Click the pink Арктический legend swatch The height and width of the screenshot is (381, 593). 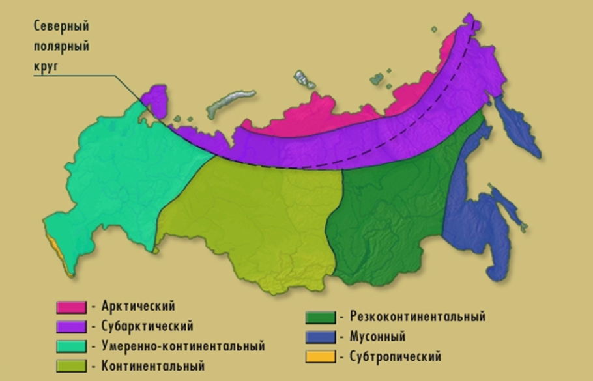[x=70, y=307]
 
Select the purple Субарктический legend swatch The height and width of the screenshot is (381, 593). [x=70, y=325]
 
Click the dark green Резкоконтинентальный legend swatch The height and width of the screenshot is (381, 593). [x=320, y=318]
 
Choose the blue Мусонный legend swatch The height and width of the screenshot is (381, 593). [x=320, y=337]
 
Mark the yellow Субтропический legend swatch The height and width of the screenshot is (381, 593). [x=320, y=357]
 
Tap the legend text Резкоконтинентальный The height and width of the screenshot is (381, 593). [x=417, y=317]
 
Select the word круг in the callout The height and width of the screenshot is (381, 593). [x=49, y=66]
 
